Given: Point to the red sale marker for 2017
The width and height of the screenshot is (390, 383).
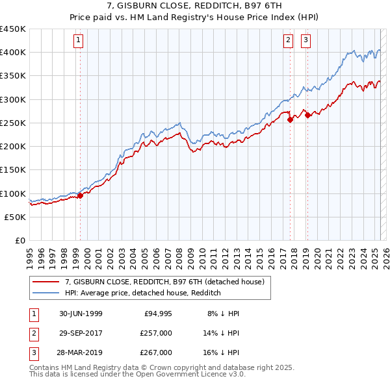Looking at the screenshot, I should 290,119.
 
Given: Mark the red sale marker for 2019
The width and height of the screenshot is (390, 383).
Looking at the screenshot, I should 307,115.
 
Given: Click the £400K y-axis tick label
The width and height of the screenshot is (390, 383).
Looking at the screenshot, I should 13,53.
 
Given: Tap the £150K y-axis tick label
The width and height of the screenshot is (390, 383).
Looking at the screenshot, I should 13,170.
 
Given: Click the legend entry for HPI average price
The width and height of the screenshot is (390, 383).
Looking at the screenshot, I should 143,293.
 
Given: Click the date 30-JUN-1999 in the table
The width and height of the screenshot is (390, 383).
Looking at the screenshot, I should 81,314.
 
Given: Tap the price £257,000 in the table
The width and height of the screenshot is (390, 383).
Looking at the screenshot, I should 157,333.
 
